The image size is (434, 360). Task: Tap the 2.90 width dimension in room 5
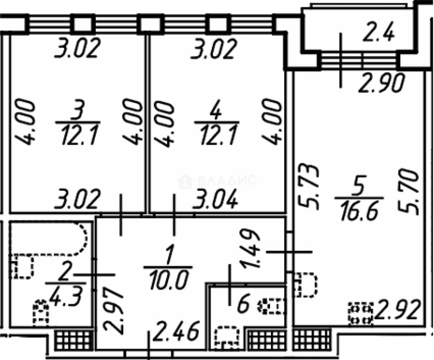pos(382,83)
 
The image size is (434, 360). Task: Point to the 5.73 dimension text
pos(308,187)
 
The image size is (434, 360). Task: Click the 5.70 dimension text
pos(408,193)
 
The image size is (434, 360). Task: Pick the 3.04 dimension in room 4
pos(215,199)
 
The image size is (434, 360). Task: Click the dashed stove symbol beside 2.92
pos(361,314)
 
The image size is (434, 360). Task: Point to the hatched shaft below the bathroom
pos(74,341)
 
